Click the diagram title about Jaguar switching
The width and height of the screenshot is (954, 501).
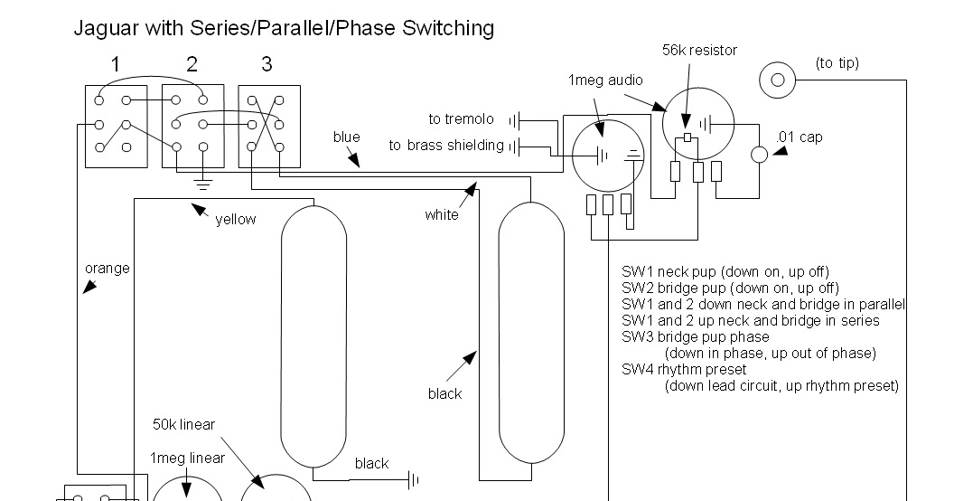[x=284, y=29]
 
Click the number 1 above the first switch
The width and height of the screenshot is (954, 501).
[x=116, y=64]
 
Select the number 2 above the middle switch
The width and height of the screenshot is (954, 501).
[x=192, y=64]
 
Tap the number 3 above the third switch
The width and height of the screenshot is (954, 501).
[x=267, y=64]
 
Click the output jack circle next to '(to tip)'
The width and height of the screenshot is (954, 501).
[x=778, y=80]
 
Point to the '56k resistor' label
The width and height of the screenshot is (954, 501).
[x=699, y=51]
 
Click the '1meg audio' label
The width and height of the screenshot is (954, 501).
[x=605, y=80]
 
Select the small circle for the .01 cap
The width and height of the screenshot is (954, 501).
[x=759, y=155]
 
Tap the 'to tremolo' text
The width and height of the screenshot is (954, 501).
[x=461, y=119]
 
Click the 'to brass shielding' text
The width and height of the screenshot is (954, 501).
[x=446, y=146]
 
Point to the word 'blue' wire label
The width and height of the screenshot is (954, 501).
[x=346, y=137]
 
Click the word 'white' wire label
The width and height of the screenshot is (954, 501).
[x=442, y=214]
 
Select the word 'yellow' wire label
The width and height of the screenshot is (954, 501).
[x=236, y=220]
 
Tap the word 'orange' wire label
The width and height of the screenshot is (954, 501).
[x=108, y=269]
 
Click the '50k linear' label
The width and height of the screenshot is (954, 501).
[x=183, y=424]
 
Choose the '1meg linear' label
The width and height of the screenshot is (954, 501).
[x=187, y=458]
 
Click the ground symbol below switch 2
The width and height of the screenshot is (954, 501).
[x=203, y=184]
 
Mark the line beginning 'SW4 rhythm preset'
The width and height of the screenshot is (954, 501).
[x=684, y=370]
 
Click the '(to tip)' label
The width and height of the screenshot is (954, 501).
[x=837, y=63]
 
